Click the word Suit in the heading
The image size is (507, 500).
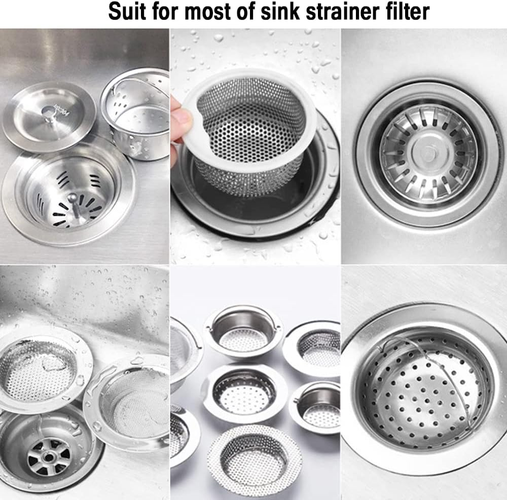click(x=128, y=12)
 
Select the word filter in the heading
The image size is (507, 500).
click(x=406, y=12)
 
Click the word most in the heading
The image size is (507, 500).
click(x=205, y=12)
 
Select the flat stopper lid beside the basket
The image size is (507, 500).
click(x=49, y=116)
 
